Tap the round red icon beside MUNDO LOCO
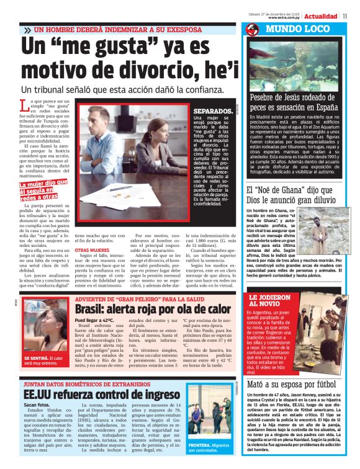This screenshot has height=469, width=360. point(251,30)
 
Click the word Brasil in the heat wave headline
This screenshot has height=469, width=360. point(93,308)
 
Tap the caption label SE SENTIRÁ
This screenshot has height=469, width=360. point(33,358)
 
